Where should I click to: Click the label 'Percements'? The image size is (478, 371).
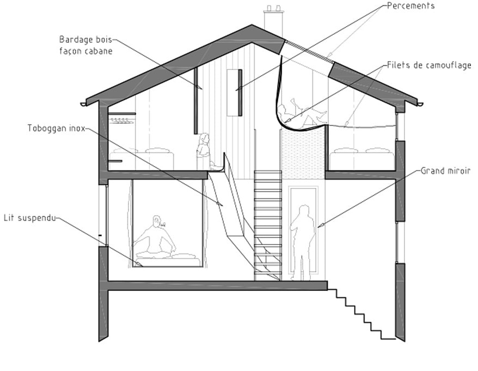point(410,6)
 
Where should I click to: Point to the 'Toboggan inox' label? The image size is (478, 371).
point(56,129)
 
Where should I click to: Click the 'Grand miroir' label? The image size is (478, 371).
point(445,171)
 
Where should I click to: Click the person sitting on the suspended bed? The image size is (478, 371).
point(156,239)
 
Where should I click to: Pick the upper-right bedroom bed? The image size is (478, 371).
point(361,159)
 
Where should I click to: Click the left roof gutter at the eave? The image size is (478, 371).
point(85,103)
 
